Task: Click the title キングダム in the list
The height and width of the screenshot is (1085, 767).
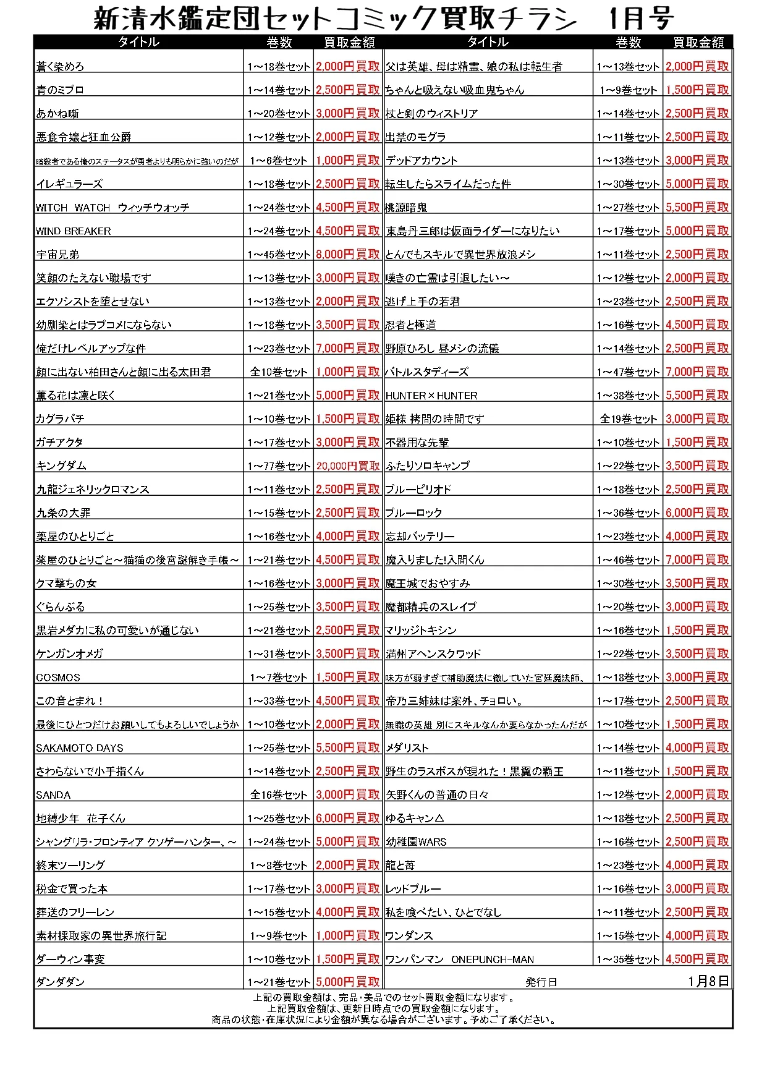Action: click(x=61, y=466)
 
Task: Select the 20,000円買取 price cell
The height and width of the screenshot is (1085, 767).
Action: click(x=348, y=466)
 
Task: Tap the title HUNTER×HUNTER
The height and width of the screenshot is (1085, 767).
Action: click(x=431, y=396)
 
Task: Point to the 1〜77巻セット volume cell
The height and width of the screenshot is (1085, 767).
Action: click(x=279, y=466)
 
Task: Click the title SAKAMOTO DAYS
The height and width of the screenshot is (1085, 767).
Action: click(x=80, y=748)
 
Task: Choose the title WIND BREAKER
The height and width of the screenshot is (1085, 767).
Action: click(x=74, y=231)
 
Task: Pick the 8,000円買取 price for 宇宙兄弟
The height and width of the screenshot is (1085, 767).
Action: click(x=348, y=254)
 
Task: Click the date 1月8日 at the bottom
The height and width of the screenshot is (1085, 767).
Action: click(x=708, y=982)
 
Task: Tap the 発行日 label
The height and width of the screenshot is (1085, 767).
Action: click(x=541, y=982)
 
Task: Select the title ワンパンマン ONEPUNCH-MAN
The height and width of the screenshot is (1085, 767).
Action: click(x=460, y=959)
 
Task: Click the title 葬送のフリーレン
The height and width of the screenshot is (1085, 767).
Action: click(x=75, y=913)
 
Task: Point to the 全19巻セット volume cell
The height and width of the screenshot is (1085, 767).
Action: click(x=628, y=419)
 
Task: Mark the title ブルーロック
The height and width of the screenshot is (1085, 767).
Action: click(x=414, y=513)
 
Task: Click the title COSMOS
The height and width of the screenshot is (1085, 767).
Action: click(x=58, y=678)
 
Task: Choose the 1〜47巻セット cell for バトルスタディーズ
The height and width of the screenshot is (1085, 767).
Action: click(x=628, y=372)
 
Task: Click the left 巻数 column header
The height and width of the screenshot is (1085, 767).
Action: click(x=279, y=42)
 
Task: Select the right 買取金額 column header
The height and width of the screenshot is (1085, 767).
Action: click(x=698, y=42)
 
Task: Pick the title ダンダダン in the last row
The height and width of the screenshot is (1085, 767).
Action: click(x=61, y=982)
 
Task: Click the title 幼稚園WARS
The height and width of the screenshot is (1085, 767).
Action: click(x=416, y=842)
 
